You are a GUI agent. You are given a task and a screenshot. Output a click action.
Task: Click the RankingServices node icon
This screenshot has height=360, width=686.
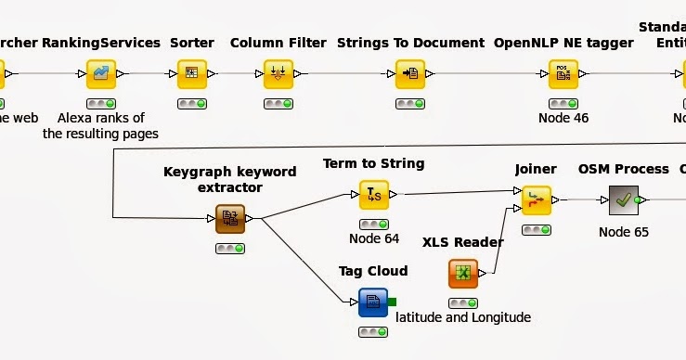100,73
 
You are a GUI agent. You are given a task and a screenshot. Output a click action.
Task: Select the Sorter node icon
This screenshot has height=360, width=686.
191,73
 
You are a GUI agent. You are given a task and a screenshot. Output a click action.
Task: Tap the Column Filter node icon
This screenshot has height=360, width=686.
278,73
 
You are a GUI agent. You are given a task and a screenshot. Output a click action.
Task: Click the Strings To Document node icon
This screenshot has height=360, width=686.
409,73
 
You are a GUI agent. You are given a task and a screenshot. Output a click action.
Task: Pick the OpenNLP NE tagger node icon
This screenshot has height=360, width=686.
563,73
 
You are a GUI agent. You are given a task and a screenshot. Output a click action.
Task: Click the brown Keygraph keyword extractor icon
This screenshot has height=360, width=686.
229,219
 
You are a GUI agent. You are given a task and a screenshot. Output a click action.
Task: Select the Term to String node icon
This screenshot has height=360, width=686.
373,194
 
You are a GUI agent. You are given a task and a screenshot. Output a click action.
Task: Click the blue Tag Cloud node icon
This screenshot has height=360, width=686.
373,302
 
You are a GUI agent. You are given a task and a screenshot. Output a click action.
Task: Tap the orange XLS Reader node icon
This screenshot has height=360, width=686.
463,273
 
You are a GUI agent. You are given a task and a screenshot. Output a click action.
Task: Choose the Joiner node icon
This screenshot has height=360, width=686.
536,199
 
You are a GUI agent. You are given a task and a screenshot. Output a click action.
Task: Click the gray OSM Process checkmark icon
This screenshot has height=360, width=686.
623,199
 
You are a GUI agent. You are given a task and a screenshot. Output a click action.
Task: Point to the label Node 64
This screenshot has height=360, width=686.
373,239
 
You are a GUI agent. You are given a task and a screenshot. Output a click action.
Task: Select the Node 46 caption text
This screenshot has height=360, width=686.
563,118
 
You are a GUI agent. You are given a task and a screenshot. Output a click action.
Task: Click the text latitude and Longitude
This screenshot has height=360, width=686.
463,317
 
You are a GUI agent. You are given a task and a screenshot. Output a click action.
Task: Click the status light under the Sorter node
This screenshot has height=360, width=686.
191,102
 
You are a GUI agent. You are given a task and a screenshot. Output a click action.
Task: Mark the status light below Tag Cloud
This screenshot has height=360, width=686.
373,332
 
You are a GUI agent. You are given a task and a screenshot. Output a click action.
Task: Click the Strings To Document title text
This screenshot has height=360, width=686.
409,43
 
